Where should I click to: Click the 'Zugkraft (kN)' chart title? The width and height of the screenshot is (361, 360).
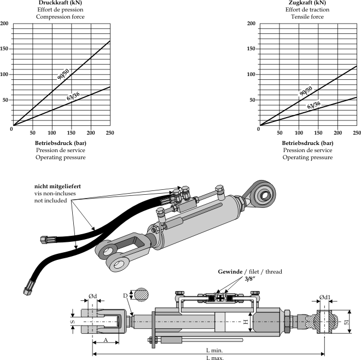[x=307, y=3]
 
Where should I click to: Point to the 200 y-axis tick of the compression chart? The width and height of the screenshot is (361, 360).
[x=4, y=24]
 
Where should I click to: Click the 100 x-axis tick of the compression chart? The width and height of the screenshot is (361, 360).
[x=52, y=132]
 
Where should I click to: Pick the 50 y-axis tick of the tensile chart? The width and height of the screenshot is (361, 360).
[x=253, y=100]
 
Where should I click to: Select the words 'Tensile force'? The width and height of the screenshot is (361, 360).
[x=307, y=17]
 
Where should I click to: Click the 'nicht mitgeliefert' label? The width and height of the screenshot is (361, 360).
[x=57, y=187]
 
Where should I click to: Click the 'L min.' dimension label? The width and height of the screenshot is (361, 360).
[x=214, y=349]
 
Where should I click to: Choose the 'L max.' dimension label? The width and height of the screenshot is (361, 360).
[x=214, y=357]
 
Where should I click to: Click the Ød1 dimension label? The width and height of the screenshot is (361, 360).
[x=325, y=298]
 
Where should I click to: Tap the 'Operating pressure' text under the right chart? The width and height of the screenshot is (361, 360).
[x=307, y=158]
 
